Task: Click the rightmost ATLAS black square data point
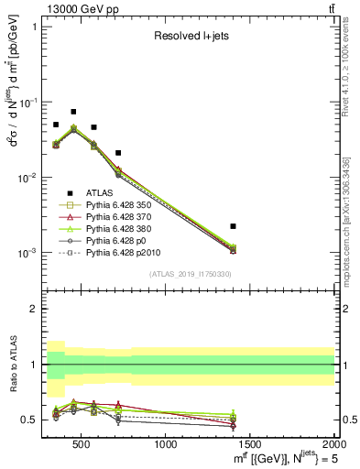(234, 225)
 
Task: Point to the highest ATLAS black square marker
(73, 112)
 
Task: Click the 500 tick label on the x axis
(82, 445)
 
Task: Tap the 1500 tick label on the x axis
(250, 445)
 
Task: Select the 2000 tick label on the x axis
(334, 445)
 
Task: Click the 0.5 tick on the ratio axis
(33, 420)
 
